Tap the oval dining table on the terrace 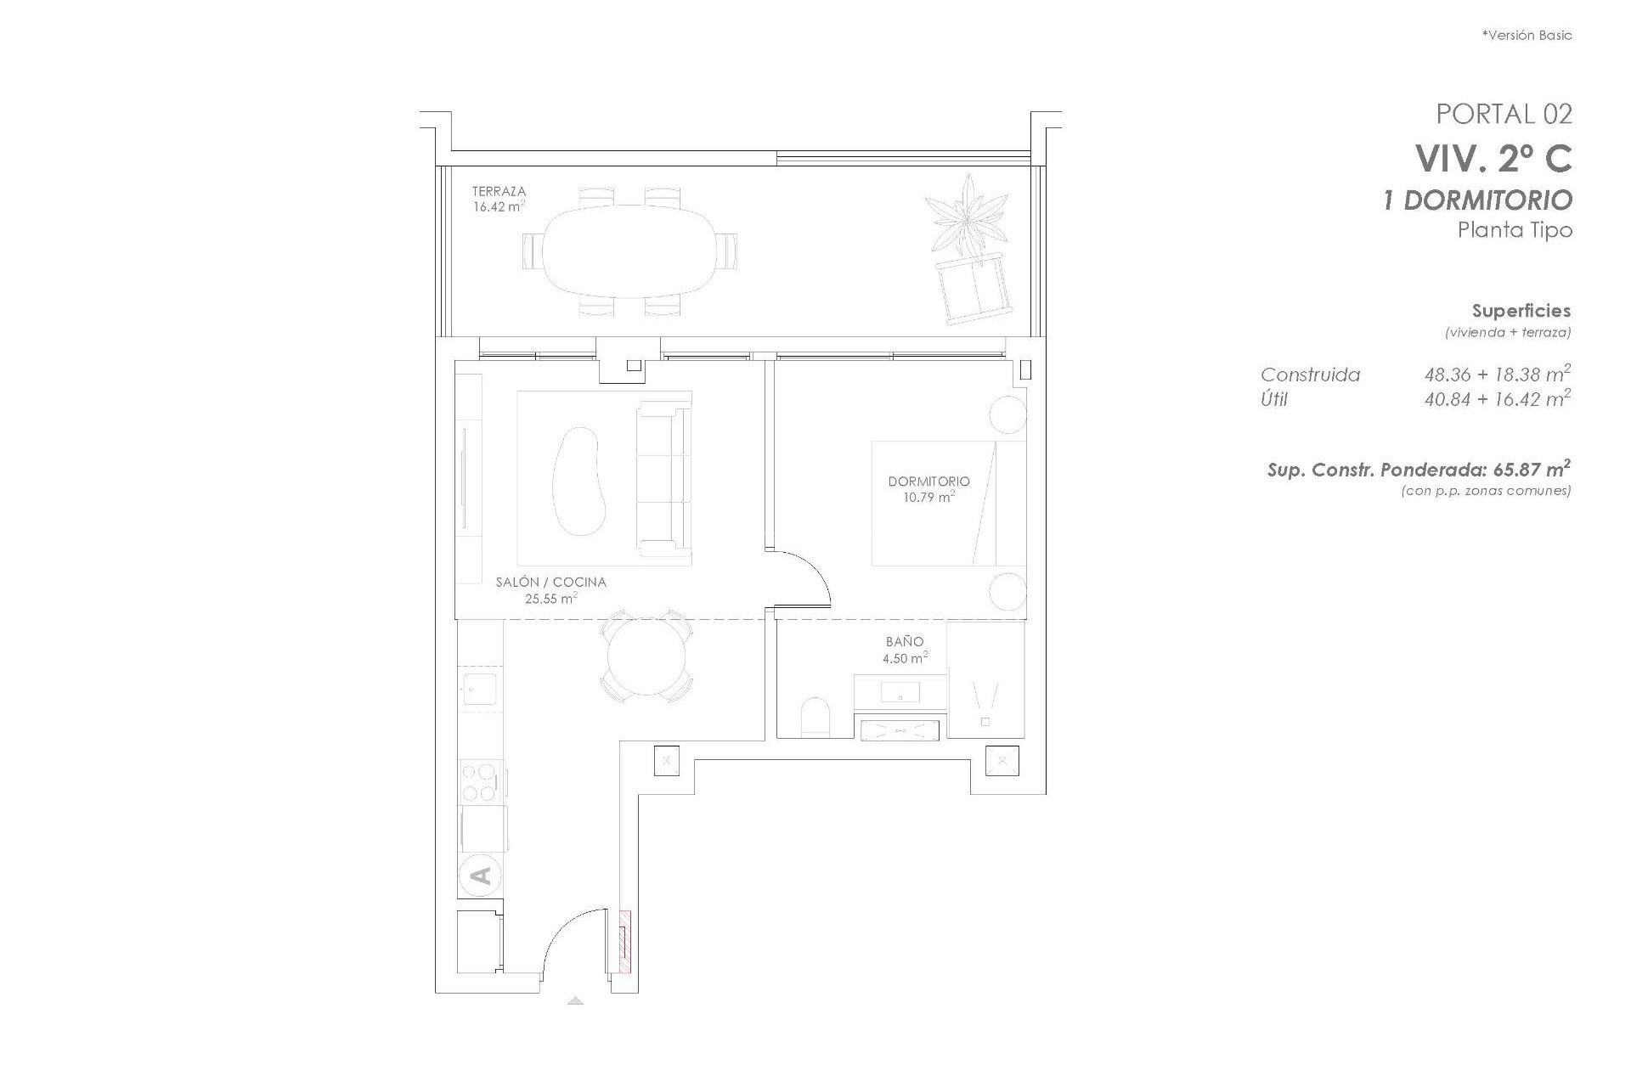[629, 251]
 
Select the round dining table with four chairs [646, 657]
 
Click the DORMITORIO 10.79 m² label [928, 488]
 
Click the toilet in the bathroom [815, 717]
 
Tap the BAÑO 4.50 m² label [904, 650]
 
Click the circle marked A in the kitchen [480, 875]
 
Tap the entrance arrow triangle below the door [575, 1000]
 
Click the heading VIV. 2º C [1493, 158]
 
